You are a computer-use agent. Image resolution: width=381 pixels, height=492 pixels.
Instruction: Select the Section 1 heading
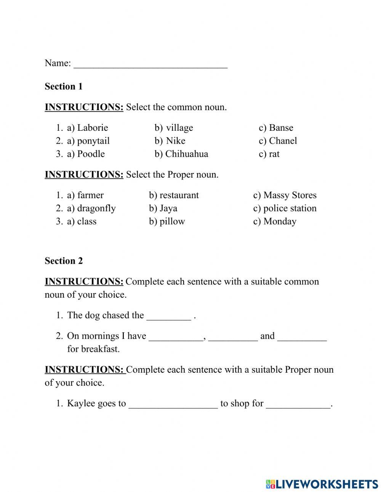64,87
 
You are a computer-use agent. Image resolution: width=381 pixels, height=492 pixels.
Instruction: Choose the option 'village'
179,128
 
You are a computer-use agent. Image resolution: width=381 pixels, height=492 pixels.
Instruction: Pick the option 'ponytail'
93,141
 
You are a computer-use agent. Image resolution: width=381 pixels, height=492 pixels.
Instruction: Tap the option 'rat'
274,154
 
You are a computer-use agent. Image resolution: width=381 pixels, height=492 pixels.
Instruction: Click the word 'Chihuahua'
187,154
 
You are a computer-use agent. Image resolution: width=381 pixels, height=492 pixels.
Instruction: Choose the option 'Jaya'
168,208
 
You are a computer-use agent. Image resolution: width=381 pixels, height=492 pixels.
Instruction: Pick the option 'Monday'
280,221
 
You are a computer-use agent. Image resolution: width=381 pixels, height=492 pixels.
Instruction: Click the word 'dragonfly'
96,208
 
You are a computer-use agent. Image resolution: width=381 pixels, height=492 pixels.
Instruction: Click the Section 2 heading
64,261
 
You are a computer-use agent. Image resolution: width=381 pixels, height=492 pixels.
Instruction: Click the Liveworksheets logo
322,484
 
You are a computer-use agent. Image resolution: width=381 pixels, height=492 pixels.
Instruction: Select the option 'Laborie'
92,128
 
